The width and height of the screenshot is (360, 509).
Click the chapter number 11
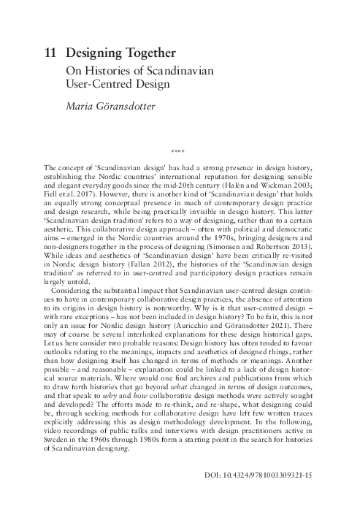50,53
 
